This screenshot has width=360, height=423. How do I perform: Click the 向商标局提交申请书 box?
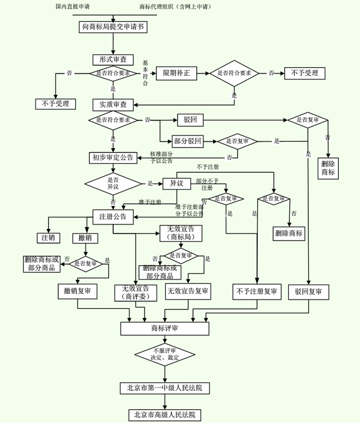[x=113, y=27]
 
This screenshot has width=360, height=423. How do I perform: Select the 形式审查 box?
[x=113, y=60]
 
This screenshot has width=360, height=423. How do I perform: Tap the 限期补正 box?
[x=176, y=73]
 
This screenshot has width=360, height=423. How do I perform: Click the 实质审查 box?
[x=113, y=104]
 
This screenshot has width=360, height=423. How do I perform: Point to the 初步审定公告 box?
[x=113, y=157]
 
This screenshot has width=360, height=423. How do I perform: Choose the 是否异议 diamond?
[x=113, y=184]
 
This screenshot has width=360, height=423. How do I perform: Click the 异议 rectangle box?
[x=176, y=184]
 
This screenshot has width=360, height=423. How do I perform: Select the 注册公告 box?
[x=113, y=217]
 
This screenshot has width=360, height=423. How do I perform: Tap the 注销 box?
[x=48, y=238]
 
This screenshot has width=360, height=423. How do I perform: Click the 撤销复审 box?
[x=78, y=291]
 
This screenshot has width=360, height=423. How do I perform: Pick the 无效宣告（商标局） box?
[x=181, y=234]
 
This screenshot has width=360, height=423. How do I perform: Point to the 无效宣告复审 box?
[x=188, y=292]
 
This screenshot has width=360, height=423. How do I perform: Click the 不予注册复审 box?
[x=257, y=292]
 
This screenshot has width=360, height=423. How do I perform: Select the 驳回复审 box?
[x=308, y=292]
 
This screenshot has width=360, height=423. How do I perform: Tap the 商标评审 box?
[x=165, y=328]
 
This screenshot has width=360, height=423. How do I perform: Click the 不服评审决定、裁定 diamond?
[x=165, y=355]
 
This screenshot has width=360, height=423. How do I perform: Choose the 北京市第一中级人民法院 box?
[x=165, y=388]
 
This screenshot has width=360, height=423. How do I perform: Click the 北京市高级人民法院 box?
[x=165, y=415]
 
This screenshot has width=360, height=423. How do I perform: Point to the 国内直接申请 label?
[x=72, y=6]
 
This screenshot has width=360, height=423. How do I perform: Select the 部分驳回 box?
[x=188, y=141]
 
